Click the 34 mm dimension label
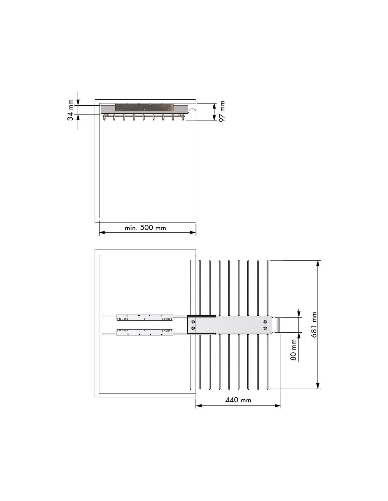pos(71,110)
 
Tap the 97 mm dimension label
pos(222,111)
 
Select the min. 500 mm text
pos(145,228)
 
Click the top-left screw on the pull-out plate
pos(193,322)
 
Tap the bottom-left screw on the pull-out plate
pos(193,328)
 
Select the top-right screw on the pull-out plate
pos(265,322)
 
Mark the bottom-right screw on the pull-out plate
pos(265,328)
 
